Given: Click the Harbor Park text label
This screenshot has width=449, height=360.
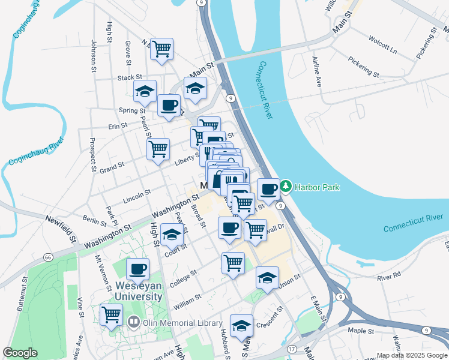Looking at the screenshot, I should [317, 187].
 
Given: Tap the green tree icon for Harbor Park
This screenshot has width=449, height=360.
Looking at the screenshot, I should [286, 187].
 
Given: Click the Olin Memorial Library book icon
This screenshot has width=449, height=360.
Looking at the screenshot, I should [133, 323].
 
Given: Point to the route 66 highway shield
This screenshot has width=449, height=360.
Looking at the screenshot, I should [48, 257].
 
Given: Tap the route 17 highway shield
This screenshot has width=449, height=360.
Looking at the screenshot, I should [292, 349].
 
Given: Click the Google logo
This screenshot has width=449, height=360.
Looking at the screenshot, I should [20, 353].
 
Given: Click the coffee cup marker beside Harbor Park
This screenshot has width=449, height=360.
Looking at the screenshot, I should [269, 190].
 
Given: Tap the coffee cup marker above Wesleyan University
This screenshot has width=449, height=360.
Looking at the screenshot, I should [137, 269].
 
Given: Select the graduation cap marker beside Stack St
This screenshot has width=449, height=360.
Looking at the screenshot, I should [145, 91].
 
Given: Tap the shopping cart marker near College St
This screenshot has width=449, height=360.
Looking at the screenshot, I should [233, 262].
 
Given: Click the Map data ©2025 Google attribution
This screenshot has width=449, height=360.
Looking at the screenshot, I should [411, 355].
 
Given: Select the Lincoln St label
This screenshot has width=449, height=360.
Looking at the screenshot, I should [136, 194].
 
